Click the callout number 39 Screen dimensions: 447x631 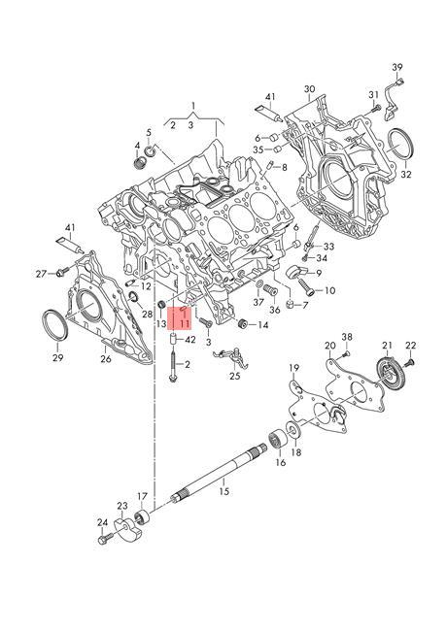397,67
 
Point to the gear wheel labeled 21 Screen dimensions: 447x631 387,373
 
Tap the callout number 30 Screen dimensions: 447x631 309,89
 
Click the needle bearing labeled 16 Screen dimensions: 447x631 277,439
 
